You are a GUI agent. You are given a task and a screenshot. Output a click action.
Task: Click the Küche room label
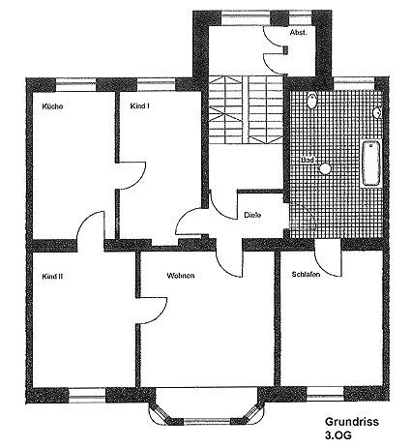[x=52, y=106]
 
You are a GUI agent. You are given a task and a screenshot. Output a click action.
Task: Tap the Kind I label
[x=139, y=106]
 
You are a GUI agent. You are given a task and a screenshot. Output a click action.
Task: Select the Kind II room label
[x=52, y=277]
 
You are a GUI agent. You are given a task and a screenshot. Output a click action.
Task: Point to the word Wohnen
[x=181, y=276]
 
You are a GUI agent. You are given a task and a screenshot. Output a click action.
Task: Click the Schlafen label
[x=306, y=275]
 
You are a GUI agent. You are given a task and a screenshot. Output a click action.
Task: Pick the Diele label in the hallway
[x=252, y=215]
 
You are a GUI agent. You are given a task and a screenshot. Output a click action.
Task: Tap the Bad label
[x=308, y=160]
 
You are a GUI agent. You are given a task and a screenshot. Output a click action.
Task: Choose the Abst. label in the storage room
[x=298, y=33]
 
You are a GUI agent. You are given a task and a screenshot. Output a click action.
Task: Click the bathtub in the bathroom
[x=371, y=164]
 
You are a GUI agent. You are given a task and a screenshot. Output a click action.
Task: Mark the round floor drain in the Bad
[x=325, y=168]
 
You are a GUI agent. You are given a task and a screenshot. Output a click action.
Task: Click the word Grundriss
[x=352, y=422]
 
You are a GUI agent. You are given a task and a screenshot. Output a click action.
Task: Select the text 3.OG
[x=338, y=435]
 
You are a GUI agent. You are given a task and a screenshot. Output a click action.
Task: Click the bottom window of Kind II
[x=87, y=396]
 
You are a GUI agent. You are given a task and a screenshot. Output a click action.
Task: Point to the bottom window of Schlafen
[x=325, y=394]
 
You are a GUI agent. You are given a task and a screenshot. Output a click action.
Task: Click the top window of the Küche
[x=76, y=85]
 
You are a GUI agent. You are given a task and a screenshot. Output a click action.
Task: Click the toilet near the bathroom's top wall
[x=312, y=100]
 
